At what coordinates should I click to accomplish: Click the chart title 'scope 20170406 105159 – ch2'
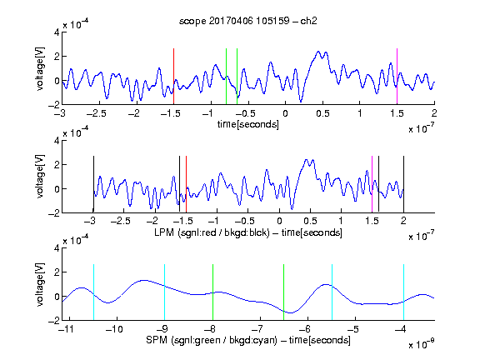point(248,21)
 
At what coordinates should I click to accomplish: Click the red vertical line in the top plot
point(173,76)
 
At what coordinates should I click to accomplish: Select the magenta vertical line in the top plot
point(397,76)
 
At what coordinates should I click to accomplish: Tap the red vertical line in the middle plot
point(186,184)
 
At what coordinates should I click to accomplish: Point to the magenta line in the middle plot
point(372,184)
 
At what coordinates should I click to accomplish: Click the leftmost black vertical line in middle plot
point(93,184)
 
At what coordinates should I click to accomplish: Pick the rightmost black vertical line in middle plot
point(403,184)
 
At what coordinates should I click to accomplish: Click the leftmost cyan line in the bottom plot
point(93,292)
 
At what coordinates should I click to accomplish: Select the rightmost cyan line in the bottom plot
point(403,292)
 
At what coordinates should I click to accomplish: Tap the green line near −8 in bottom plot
point(212,292)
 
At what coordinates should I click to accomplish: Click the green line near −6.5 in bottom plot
point(284,292)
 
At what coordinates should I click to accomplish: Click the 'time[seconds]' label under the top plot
point(248,125)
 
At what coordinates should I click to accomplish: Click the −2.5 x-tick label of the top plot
point(97,113)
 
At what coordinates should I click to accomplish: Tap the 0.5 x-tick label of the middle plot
point(310,221)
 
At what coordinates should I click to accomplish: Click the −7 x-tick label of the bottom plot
point(257,329)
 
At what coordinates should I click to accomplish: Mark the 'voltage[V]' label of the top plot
point(40,68)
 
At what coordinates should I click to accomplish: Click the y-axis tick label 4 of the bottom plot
point(57,248)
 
